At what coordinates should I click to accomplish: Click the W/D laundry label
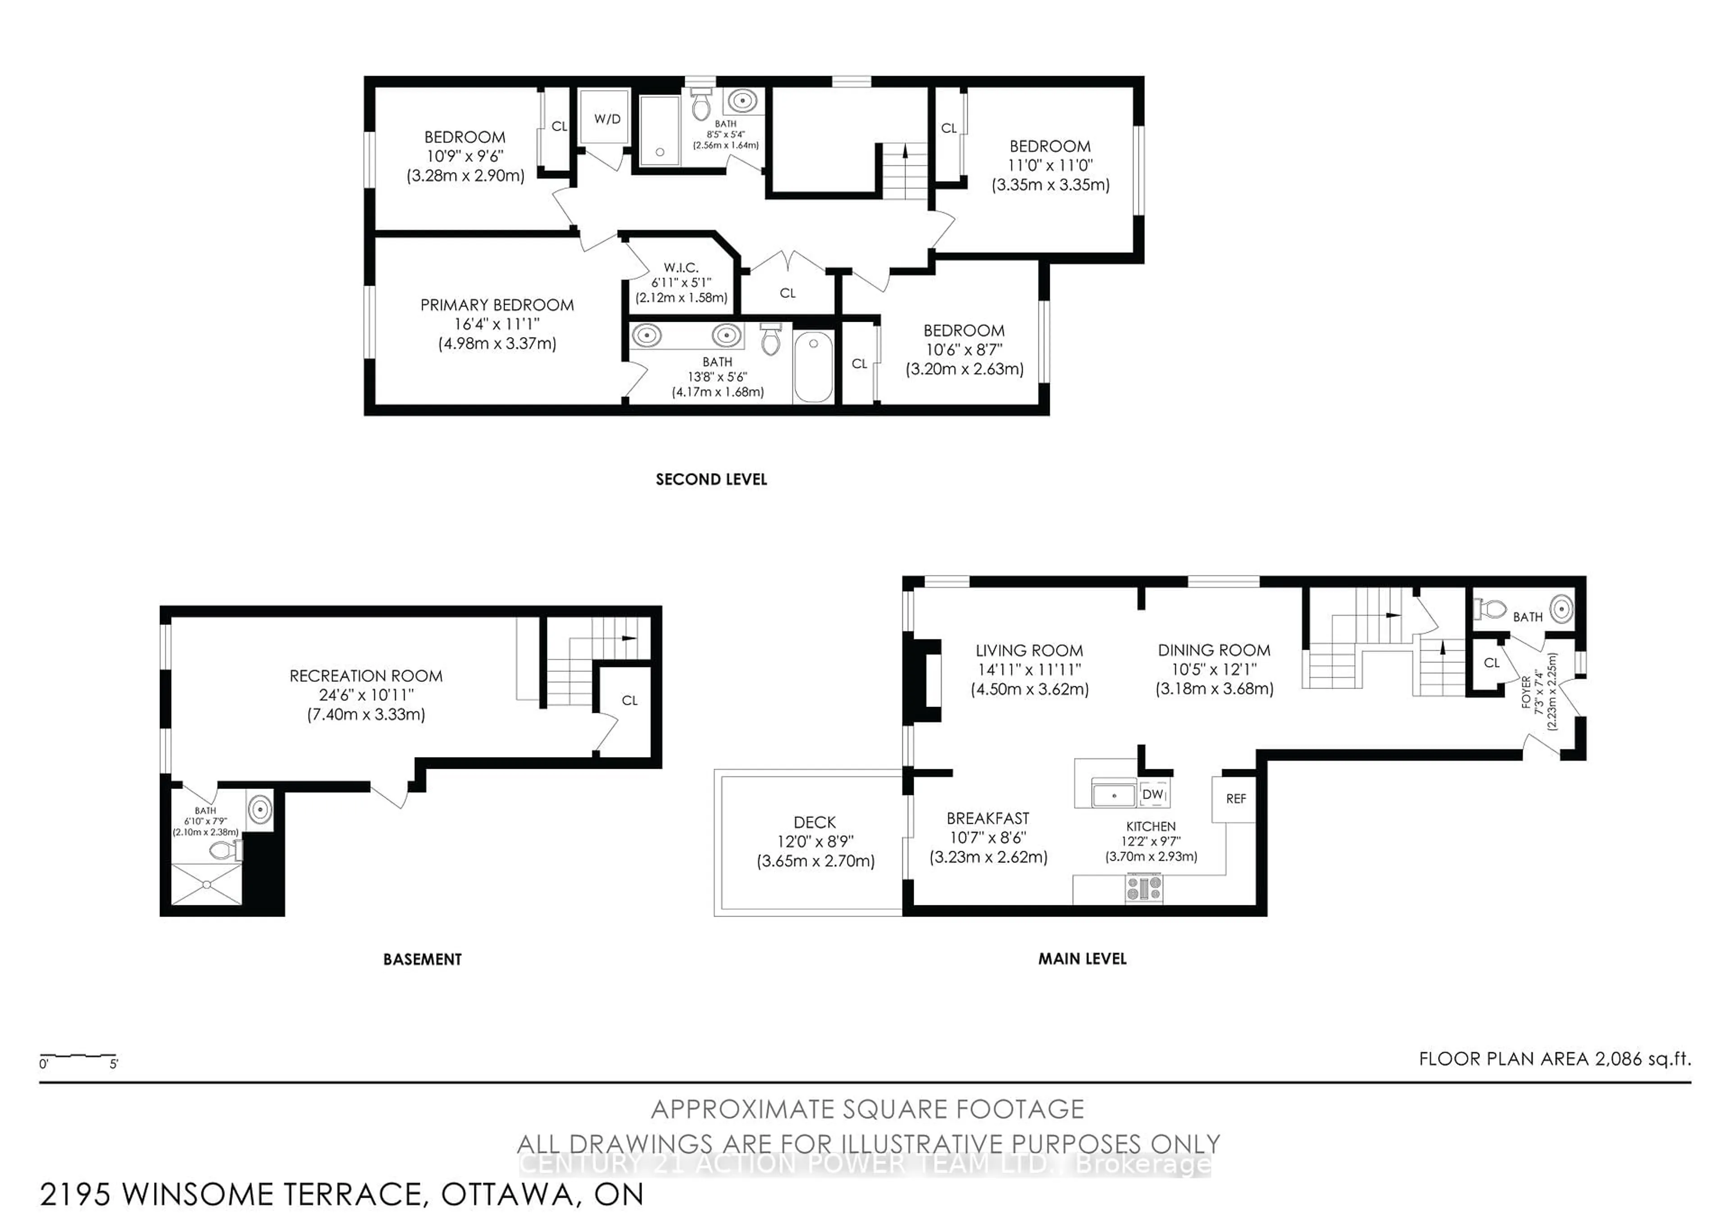(607, 119)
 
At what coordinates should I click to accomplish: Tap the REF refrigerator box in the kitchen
(1235, 799)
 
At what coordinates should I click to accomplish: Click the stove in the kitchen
(1144, 888)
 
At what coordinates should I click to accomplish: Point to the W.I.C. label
(681, 268)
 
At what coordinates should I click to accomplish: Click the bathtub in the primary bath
(813, 368)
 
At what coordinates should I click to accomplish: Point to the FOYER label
(1526, 692)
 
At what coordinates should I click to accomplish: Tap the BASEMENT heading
(422, 959)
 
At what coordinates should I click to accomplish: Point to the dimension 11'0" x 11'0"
(1050, 165)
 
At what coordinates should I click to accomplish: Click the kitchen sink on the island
(1114, 795)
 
